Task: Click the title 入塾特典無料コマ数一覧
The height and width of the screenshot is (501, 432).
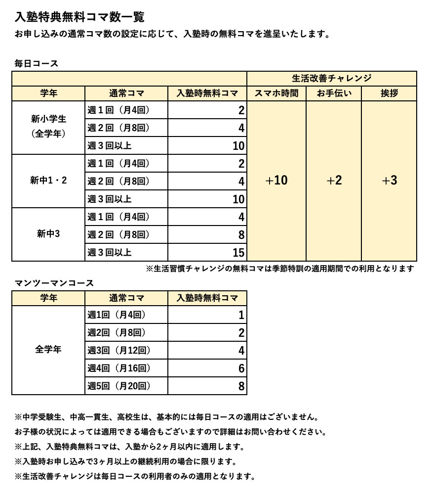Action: (x=79, y=17)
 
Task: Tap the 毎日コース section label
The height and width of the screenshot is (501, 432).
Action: (x=37, y=63)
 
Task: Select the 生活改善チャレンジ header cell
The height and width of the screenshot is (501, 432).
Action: (x=331, y=78)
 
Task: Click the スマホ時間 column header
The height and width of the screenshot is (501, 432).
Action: (x=276, y=93)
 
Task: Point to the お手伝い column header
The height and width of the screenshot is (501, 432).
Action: (x=334, y=93)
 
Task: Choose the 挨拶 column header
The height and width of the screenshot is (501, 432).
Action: (x=389, y=93)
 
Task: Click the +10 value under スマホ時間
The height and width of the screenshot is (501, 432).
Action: (x=276, y=181)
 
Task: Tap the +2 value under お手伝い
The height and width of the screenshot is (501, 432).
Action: (x=334, y=181)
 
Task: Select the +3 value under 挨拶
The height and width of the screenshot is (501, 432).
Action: (x=389, y=181)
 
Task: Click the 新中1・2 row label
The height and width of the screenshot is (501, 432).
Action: (x=48, y=181)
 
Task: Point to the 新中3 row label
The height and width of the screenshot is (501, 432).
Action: (x=48, y=234)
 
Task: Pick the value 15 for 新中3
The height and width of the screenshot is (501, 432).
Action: (x=238, y=253)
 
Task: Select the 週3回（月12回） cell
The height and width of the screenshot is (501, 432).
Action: (x=119, y=350)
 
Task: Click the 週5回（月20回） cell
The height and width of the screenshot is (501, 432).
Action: (x=119, y=386)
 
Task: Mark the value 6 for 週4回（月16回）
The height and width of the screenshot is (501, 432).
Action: (x=241, y=368)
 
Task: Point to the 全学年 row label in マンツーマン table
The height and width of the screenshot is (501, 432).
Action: (x=48, y=350)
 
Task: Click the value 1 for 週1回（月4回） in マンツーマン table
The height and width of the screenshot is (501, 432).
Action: (x=241, y=315)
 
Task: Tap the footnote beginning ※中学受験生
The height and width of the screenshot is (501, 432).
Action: (x=167, y=417)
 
